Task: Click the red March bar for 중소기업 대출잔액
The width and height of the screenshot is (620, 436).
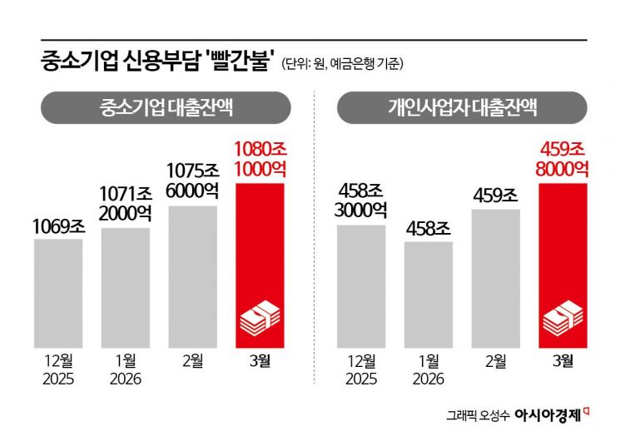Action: tap(260, 250)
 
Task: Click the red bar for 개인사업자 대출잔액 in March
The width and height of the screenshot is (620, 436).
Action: tap(563, 250)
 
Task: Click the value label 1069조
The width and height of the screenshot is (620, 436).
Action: tap(58, 225)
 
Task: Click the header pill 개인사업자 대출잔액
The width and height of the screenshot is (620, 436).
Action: tap(463, 107)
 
